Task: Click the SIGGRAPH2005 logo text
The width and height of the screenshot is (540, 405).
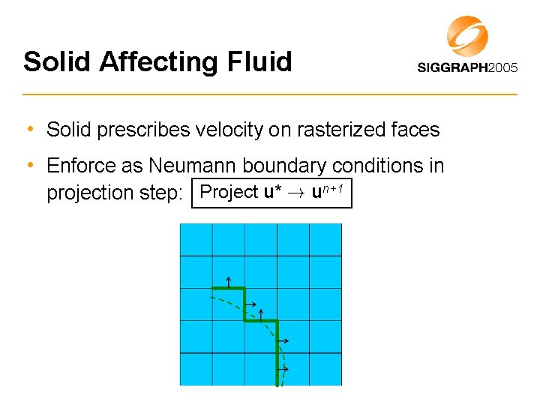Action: (466, 67)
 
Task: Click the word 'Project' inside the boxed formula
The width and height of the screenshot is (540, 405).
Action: (229, 192)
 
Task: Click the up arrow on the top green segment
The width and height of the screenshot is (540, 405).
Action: (228, 282)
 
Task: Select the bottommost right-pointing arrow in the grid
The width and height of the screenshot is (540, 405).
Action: (283, 370)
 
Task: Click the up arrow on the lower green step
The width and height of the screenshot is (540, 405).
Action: (261, 314)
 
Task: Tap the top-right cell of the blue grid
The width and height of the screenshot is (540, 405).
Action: (325, 240)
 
